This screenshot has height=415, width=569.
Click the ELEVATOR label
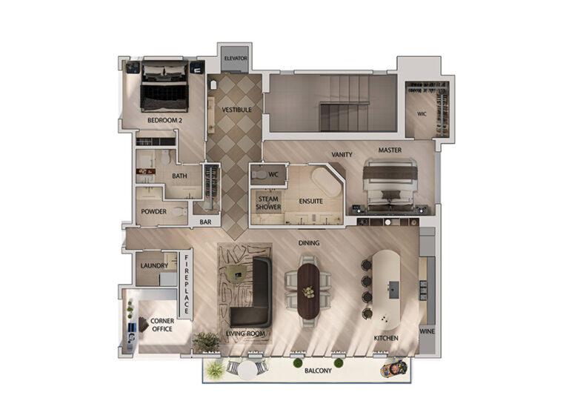tap(236, 58)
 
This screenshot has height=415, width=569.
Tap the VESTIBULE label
tap(236, 110)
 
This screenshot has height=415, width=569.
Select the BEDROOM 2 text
tap(164, 120)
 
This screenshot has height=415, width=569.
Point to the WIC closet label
tap(422, 114)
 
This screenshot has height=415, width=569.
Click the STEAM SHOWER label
tap(268, 203)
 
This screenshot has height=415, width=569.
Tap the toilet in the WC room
tap(259, 175)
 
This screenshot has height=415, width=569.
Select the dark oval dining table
tap(308, 291)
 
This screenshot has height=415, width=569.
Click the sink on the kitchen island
tap(394, 290)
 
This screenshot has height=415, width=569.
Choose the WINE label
tap(427, 331)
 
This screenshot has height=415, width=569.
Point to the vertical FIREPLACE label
tap(187, 284)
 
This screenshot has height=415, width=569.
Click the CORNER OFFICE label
tap(162, 325)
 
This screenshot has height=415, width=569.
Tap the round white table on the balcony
tap(248, 371)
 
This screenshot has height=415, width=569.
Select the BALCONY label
tap(319, 371)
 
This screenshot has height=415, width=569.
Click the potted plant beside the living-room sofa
tap(207, 342)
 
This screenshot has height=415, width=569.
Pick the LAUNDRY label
tap(154, 266)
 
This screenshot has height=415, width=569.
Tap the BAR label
tap(205, 222)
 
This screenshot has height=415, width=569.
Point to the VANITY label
tap(342, 155)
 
